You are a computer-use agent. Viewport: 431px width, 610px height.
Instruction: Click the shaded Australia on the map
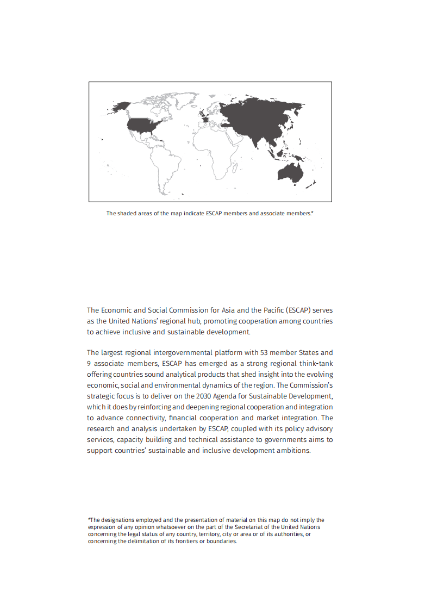pos(289,172)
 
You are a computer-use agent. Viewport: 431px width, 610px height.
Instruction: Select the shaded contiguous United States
pos(143,125)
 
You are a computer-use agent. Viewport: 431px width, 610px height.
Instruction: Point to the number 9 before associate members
pos(89,363)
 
